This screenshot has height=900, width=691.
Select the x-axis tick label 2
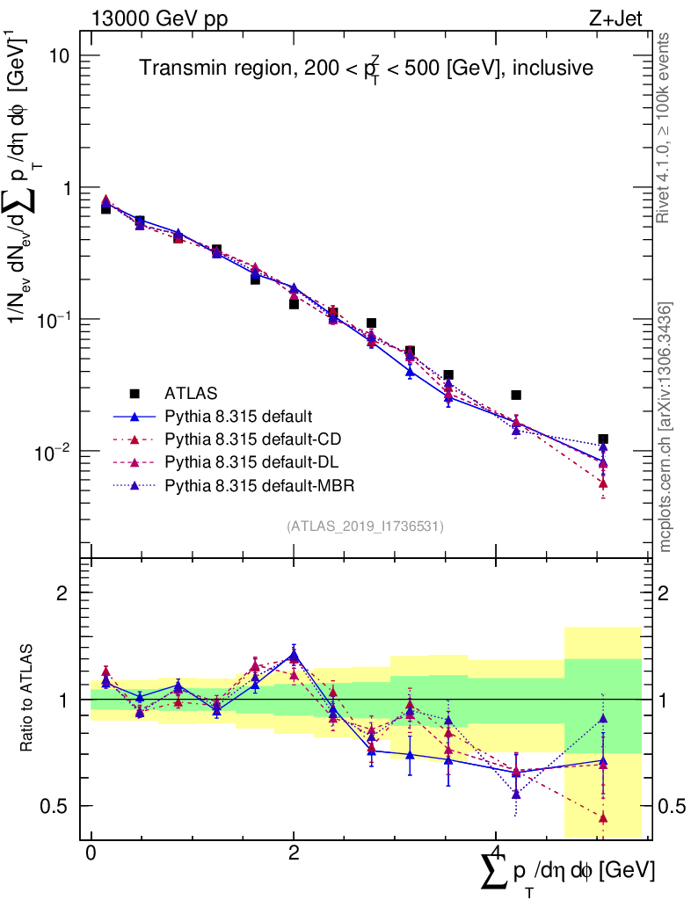click(294, 853)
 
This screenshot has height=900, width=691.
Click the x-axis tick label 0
click(91, 853)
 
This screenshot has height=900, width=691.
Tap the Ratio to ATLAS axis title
click(29, 699)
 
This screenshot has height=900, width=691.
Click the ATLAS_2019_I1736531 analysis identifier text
click(365, 526)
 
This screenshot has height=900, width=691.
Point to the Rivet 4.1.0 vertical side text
click(666, 127)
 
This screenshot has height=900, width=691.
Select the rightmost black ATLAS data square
click(602, 439)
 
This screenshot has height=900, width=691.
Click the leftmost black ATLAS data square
click(105, 208)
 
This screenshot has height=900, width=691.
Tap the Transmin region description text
click(367, 68)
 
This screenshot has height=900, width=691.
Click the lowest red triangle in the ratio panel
click(603, 817)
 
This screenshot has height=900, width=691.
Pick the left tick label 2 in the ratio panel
click(67, 592)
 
